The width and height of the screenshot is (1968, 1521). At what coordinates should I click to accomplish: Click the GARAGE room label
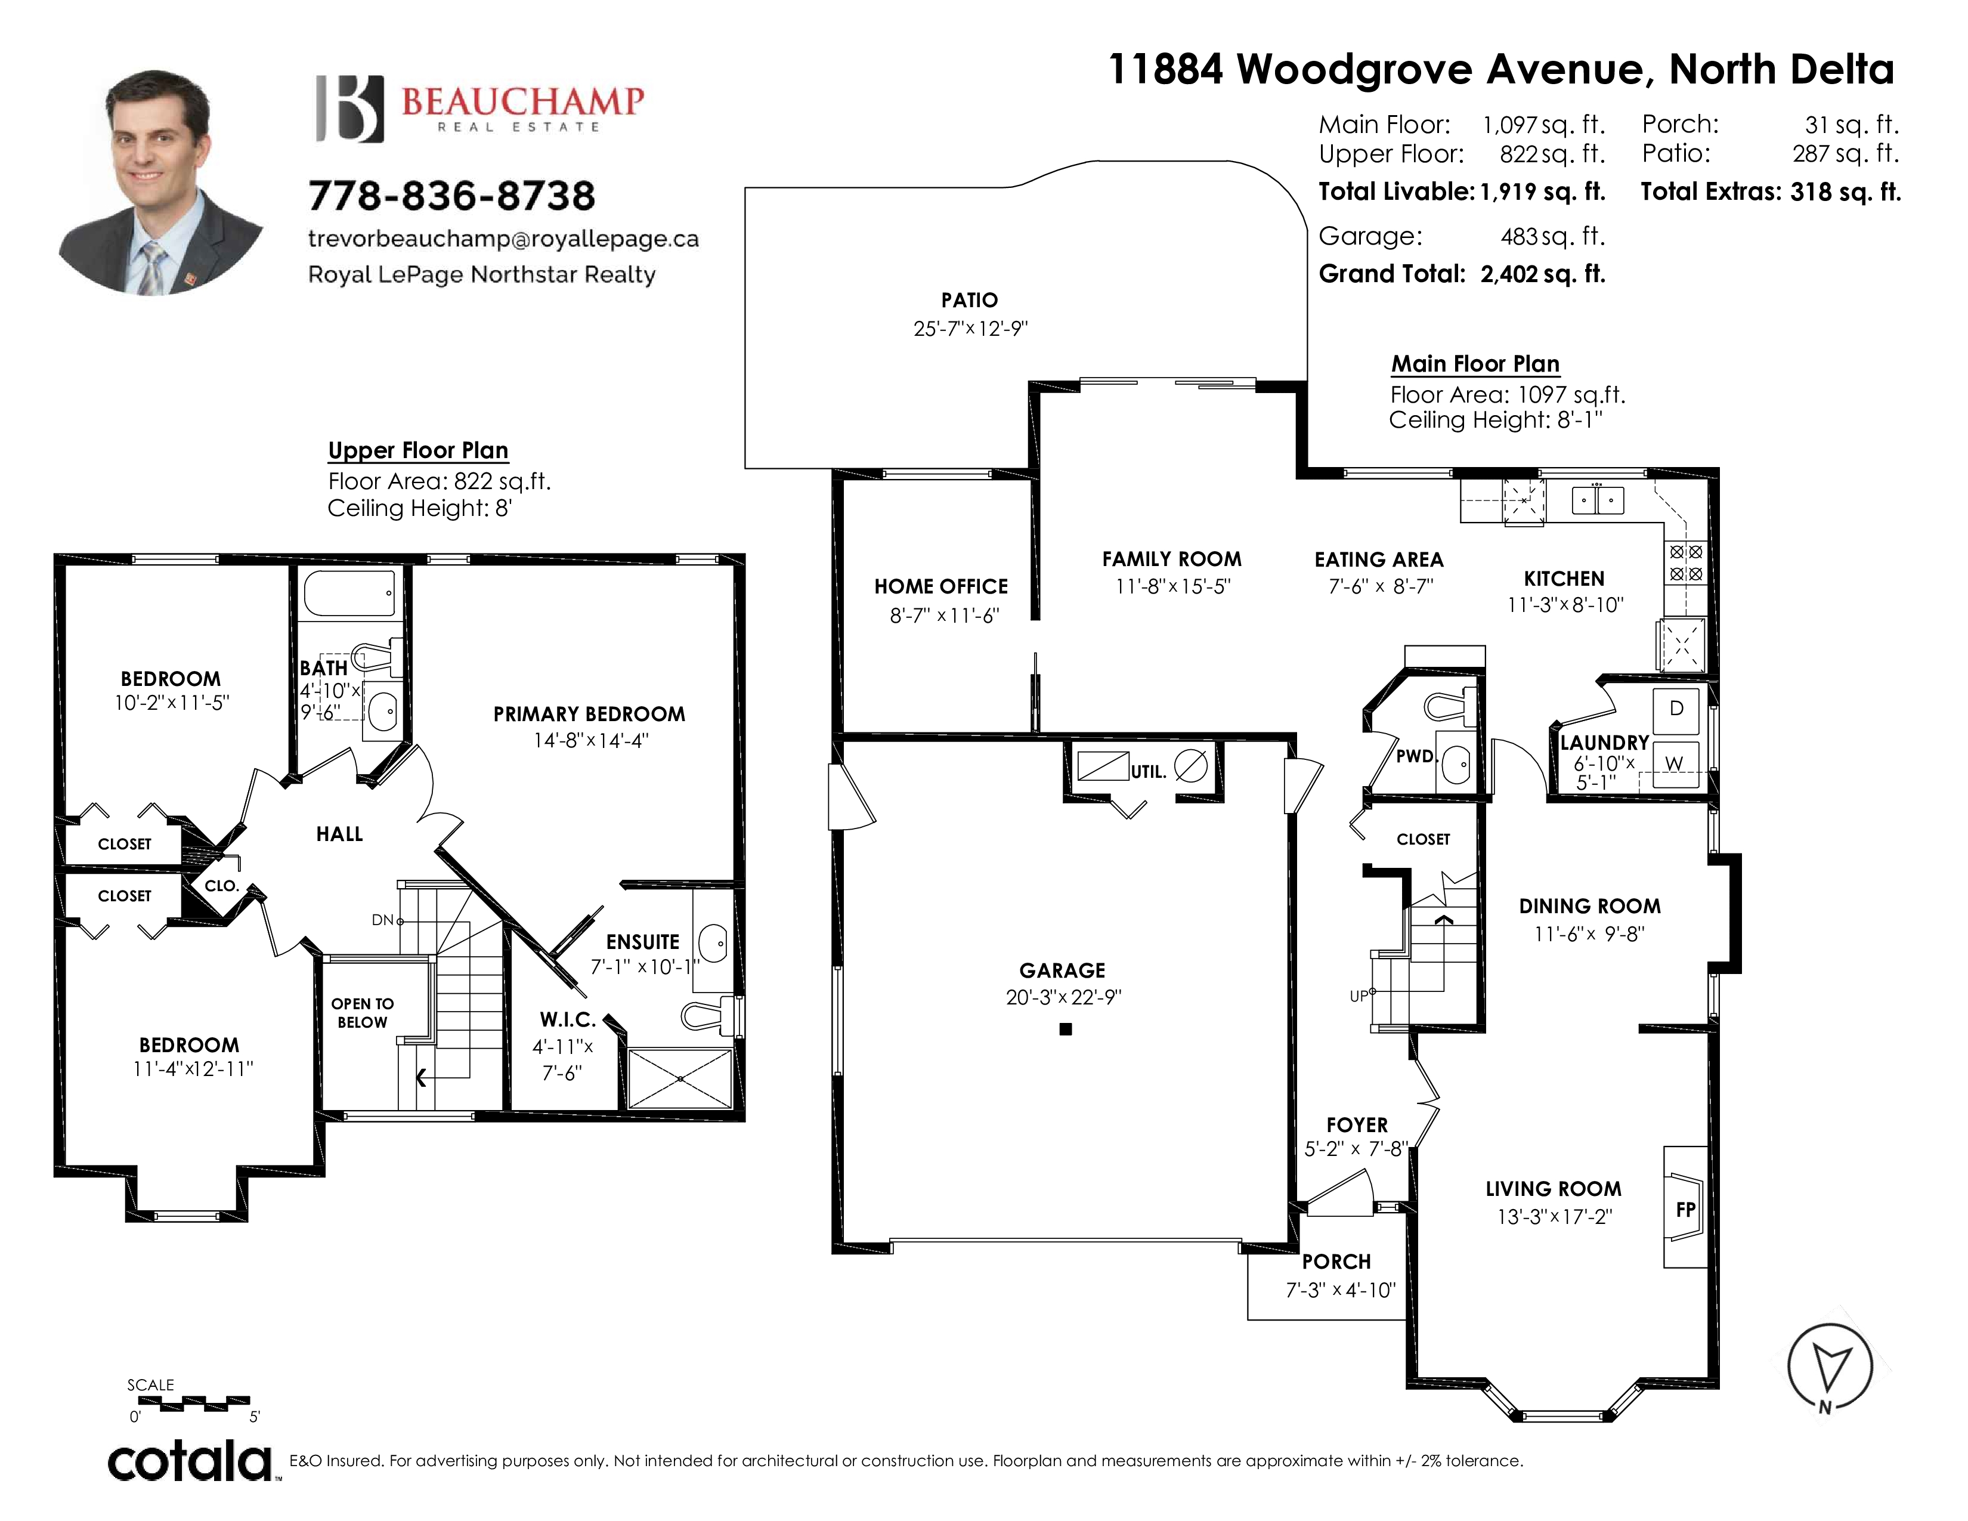1062,970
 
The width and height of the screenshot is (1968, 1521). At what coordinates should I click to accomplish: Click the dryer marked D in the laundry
1676,709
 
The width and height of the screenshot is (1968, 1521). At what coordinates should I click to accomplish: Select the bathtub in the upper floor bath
349,593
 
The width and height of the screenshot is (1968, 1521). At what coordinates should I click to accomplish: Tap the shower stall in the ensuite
680,1078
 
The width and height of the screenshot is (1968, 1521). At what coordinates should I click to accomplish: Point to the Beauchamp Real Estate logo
479,108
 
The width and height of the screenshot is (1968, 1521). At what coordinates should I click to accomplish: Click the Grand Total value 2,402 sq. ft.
1543,274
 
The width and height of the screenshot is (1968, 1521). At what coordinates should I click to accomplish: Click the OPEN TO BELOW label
362,1013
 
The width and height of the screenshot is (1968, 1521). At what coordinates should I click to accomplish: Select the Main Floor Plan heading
1475,364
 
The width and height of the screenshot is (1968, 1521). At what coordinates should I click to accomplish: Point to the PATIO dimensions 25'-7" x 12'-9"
970,328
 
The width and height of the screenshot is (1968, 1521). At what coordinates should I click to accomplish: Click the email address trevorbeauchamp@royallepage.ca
504,239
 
